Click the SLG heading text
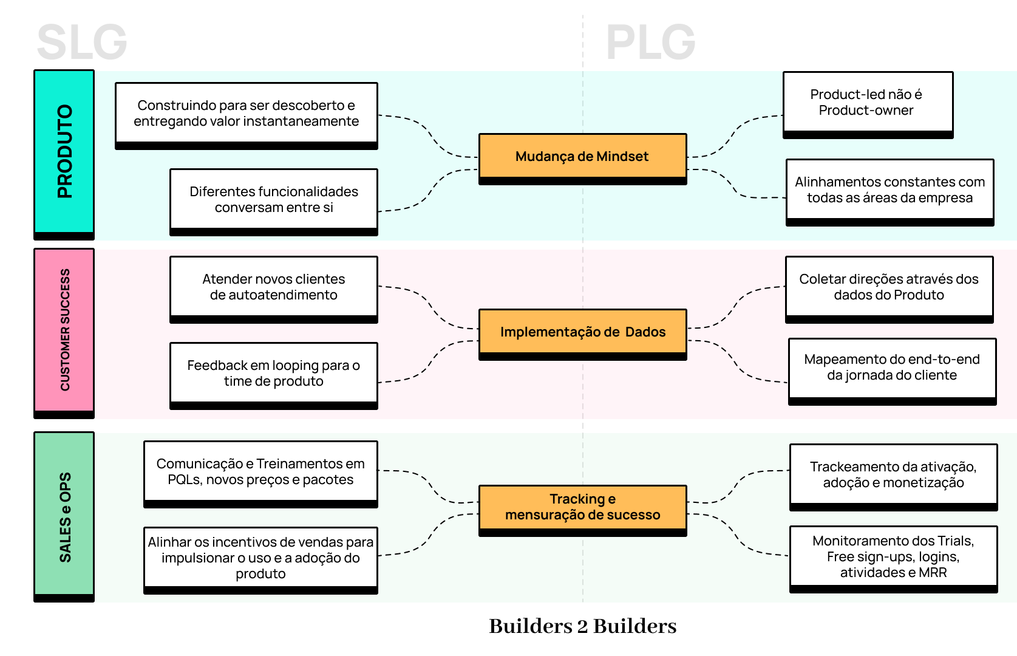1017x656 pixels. [x=81, y=43]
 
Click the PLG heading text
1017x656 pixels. [x=650, y=43]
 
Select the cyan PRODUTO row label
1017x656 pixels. [x=64, y=152]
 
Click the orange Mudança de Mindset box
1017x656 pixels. [x=582, y=157]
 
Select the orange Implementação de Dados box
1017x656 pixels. [x=582, y=332]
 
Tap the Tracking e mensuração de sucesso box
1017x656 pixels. [x=582, y=507]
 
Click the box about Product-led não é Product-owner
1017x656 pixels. [x=867, y=103]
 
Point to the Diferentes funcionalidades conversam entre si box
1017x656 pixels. [x=273, y=200]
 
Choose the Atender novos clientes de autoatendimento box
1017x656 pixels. [x=273, y=287]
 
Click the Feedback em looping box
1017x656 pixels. [x=273, y=374]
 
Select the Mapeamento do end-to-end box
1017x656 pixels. [x=891, y=367]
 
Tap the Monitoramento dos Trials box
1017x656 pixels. [x=893, y=557]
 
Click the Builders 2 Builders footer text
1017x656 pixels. [x=582, y=626]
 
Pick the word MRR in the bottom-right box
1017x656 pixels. [x=933, y=573]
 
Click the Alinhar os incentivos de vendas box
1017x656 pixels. [x=260, y=558]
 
